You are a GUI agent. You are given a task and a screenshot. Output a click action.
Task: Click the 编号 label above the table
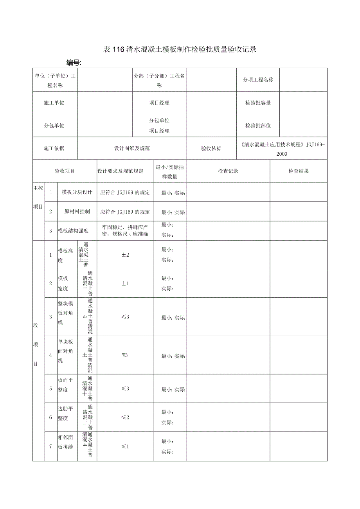[73, 63]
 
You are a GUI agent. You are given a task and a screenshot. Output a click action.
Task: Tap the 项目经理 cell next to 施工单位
[159, 103]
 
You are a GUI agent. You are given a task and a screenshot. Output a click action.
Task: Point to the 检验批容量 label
[258, 103]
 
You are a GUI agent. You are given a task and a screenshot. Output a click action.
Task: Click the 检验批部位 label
[258, 126]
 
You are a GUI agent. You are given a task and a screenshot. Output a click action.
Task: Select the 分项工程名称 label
[258, 79]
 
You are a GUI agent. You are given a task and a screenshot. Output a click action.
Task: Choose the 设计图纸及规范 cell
[132, 148]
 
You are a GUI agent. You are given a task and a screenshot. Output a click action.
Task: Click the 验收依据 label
[211, 148]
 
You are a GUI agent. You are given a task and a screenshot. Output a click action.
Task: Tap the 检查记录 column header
[228, 171]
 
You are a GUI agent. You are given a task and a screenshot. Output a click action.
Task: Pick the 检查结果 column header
[299, 171]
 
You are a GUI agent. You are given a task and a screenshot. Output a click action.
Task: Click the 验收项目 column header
[65, 171]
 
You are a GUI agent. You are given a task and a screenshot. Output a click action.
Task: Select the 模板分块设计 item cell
[77, 192]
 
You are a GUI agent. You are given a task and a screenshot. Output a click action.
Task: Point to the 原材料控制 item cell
[77, 212]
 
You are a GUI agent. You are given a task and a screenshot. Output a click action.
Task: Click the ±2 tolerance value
[125, 255]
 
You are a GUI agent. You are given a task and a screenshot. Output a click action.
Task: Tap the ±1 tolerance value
[125, 283]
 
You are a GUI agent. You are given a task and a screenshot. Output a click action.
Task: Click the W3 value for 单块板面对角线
[125, 355]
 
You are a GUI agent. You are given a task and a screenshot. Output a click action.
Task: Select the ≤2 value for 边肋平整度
[125, 417]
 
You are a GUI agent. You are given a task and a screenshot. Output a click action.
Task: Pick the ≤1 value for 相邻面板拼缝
[125, 446]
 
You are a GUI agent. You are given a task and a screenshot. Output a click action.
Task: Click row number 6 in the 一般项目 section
[50, 417]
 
